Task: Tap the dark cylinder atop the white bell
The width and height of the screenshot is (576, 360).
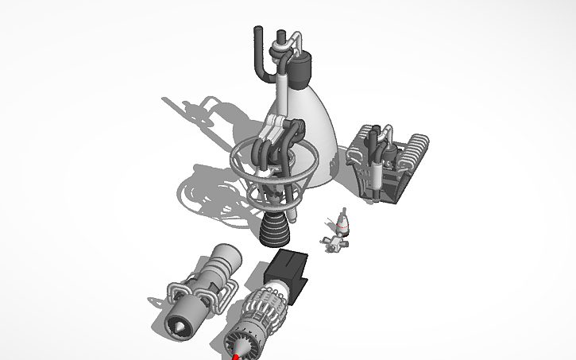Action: point(301,70)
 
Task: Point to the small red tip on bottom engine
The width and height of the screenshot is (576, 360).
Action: point(236,357)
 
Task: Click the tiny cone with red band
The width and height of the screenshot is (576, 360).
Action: point(342,223)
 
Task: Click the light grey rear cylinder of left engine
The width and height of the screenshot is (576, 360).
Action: point(227,257)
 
